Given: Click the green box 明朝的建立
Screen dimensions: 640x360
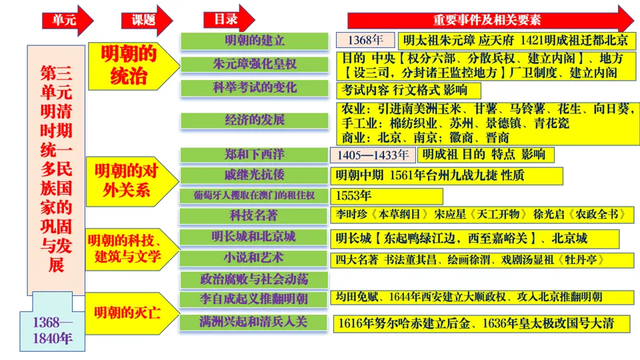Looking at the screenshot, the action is click(255, 41).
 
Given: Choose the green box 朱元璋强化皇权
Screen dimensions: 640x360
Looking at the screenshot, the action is click(255, 65).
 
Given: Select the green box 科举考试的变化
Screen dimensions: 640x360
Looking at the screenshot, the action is click(255, 88).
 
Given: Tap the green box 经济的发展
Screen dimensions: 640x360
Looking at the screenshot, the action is click(255, 120).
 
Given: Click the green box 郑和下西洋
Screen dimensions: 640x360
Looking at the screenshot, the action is click(255, 155).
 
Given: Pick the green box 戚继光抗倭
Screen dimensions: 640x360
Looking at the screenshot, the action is click(255, 175).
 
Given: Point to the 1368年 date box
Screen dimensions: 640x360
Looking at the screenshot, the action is click(365, 39).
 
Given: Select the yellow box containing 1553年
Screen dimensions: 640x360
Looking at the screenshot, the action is click(387, 196).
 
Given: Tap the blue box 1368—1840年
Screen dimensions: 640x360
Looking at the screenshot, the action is click(53, 330).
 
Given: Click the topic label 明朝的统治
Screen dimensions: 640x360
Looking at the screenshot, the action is click(129, 65).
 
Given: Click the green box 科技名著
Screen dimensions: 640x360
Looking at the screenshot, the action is click(255, 215).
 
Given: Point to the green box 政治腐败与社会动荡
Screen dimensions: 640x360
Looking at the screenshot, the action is click(255, 279).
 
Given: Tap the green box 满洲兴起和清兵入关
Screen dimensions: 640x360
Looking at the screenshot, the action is click(255, 322).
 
